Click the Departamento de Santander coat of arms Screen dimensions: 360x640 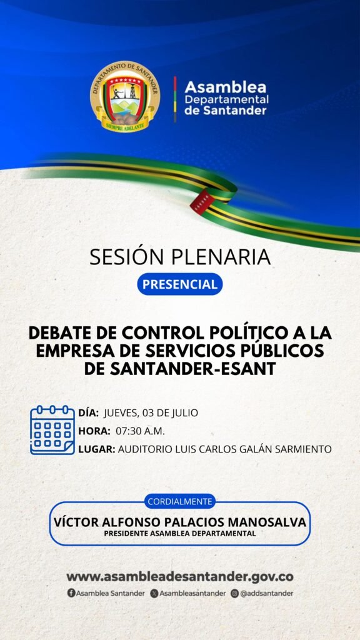pos(125,97)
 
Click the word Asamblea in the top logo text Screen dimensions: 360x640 pos(225,87)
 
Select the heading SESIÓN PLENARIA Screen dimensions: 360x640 pos(180,257)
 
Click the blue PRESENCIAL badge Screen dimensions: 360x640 pos(180,284)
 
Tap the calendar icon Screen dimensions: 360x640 pos(52,430)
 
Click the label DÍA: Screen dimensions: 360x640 pos(89,413)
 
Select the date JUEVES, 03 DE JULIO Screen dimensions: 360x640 pos(151,414)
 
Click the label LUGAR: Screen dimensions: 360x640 pos(97,449)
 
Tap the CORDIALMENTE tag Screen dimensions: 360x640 pos(180,501)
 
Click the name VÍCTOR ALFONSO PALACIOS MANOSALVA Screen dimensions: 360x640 pos(180,522)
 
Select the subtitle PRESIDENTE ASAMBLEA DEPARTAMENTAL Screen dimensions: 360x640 pos(180,534)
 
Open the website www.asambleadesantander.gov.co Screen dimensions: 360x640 pos(180,577)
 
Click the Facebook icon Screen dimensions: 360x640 pos(71,594)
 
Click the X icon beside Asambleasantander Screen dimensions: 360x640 pos(154,594)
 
